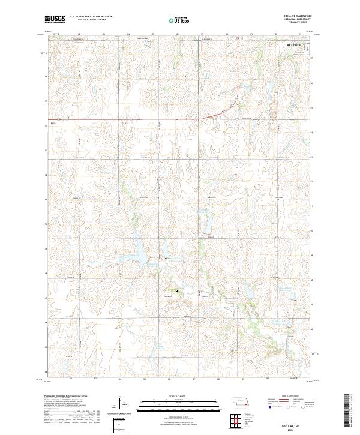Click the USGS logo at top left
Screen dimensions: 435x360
(55, 19)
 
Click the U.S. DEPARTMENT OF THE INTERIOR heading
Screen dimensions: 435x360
(89, 17)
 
